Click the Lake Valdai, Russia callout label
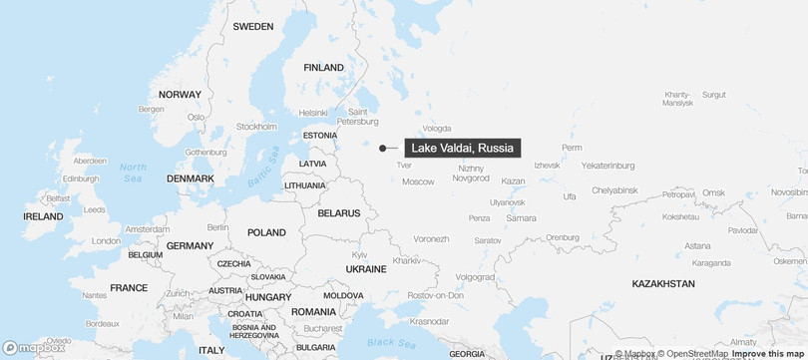click(x=462, y=148)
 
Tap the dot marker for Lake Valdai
click(x=382, y=149)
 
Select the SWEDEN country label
click(x=252, y=27)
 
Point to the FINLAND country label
click(x=323, y=68)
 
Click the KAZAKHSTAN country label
click(x=663, y=284)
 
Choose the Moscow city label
click(x=418, y=181)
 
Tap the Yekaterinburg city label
click(x=607, y=166)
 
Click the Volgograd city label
click(x=475, y=276)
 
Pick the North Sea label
click(x=133, y=173)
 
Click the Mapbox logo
click(x=33, y=348)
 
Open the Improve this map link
click(x=767, y=353)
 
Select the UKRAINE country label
click(x=366, y=269)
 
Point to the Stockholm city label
click(x=256, y=127)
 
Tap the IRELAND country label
click(x=43, y=215)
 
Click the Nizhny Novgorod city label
click(x=473, y=173)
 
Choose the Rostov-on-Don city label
click(x=435, y=295)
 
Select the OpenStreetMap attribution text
click(x=692, y=353)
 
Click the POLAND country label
click(x=266, y=232)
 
